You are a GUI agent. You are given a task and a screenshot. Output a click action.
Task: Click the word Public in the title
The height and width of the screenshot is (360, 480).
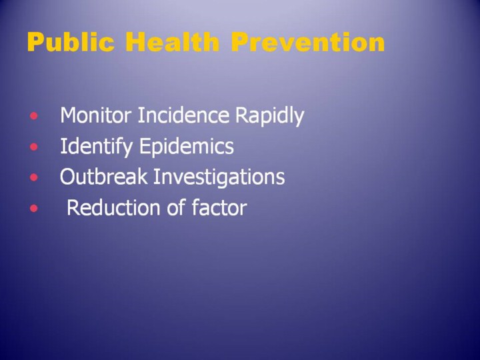pyautogui.click(x=71, y=43)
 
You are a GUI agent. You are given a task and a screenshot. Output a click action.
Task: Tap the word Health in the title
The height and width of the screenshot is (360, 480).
pyautogui.click(x=173, y=41)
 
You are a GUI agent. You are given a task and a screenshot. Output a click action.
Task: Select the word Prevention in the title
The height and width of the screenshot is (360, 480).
pyautogui.click(x=307, y=41)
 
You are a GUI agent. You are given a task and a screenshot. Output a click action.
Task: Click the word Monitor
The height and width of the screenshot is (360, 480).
pyautogui.click(x=96, y=115)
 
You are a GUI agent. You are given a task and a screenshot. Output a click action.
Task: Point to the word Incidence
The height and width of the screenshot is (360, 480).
pyautogui.click(x=183, y=115)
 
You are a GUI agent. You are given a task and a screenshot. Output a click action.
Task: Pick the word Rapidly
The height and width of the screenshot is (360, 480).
pyautogui.click(x=270, y=116)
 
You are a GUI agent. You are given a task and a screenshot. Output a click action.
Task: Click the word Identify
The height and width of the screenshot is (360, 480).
pyautogui.click(x=97, y=147)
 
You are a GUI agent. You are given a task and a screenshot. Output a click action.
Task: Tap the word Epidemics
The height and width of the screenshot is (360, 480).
pyautogui.click(x=187, y=147)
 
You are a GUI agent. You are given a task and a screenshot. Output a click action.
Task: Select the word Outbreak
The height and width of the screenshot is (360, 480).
pyautogui.click(x=103, y=176)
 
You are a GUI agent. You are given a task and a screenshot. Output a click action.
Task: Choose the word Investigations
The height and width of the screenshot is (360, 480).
pyautogui.click(x=219, y=177)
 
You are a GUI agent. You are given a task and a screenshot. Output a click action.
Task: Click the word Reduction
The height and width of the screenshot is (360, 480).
pyautogui.click(x=113, y=207)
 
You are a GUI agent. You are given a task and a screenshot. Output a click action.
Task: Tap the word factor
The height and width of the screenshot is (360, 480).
pyautogui.click(x=219, y=207)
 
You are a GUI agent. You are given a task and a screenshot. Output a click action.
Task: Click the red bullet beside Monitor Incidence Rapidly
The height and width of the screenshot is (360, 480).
pyautogui.click(x=34, y=116)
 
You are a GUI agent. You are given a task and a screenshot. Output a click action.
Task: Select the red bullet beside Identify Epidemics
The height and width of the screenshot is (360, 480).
pyautogui.click(x=34, y=147)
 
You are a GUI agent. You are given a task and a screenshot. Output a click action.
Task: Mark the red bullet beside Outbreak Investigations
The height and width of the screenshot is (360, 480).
pyautogui.click(x=34, y=177)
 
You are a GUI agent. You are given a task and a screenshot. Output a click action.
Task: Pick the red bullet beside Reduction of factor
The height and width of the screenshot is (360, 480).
pyautogui.click(x=34, y=208)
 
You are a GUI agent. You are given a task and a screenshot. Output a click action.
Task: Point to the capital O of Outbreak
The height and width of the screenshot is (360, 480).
pyautogui.click(x=68, y=176)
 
